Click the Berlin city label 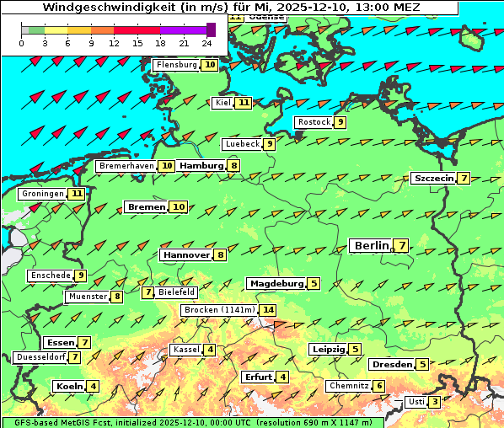point(371,246)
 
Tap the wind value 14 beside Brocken point(268,310)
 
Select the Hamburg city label point(201,166)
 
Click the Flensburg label point(177,65)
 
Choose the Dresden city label point(392,365)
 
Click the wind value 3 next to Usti point(434,402)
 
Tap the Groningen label point(43,194)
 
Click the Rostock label point(314,122)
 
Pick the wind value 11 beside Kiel point(244,103)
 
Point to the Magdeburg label point(276,284)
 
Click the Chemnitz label point(349,386)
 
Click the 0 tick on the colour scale point(21,42)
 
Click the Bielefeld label point(177,292)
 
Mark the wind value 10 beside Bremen point(178,207)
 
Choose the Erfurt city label point(258,377)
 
